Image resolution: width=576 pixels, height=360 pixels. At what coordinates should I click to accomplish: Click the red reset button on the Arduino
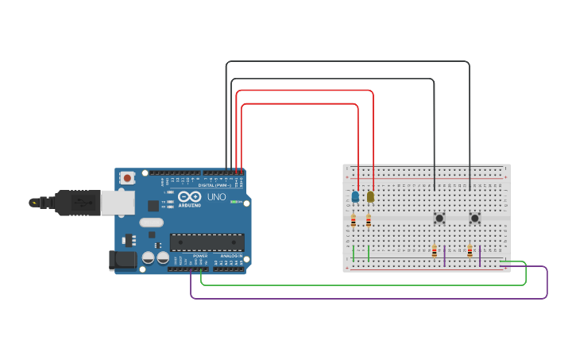point(127,179)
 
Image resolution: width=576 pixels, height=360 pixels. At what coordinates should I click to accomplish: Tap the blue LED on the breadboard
point(355,196)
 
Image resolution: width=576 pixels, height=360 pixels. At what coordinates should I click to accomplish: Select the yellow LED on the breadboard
point(370,196)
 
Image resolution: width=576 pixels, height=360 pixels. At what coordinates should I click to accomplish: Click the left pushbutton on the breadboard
point(439,218)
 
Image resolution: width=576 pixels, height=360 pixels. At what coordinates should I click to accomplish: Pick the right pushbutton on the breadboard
point(474,218)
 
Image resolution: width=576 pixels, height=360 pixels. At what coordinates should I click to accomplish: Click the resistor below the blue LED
point(354,222)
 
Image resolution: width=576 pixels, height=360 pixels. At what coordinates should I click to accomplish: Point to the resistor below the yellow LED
point(369,222)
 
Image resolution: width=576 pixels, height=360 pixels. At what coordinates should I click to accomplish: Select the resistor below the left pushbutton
point(435,251)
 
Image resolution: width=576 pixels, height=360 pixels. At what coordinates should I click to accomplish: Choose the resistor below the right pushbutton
point(470,251)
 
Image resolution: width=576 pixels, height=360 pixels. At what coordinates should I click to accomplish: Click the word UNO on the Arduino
point(217,197)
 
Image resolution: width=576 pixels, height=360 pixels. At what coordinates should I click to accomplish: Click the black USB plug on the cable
point(78,203)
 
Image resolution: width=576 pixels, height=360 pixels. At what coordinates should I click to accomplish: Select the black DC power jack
point(122,259)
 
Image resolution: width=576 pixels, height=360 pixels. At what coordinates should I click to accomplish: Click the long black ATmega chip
point(207,242)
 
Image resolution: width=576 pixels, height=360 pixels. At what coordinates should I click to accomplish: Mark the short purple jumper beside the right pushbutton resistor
point(480,254)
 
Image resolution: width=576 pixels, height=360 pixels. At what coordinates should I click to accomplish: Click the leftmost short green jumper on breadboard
point(354,254)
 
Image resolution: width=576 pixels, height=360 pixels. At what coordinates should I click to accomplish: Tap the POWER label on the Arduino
point(200,256)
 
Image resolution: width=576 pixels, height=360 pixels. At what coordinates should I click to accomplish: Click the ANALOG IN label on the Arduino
point(231,256)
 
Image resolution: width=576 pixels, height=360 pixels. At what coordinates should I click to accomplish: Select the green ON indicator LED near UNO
point(235,202)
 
